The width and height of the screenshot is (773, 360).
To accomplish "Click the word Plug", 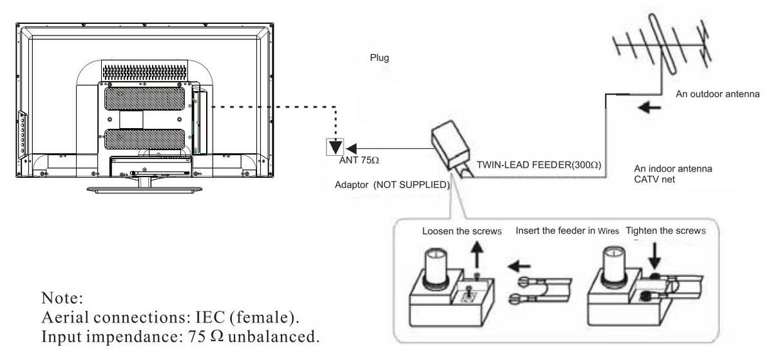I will (379, 58).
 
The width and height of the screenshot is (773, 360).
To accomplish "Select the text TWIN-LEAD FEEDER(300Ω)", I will (539, 166).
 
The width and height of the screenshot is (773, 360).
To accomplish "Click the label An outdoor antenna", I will (718, 94).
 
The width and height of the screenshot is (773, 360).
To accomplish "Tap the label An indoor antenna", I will (673, 169).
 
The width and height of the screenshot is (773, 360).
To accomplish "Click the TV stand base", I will (144, 189).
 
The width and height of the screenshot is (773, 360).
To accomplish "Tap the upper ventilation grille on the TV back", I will (144, 99).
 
